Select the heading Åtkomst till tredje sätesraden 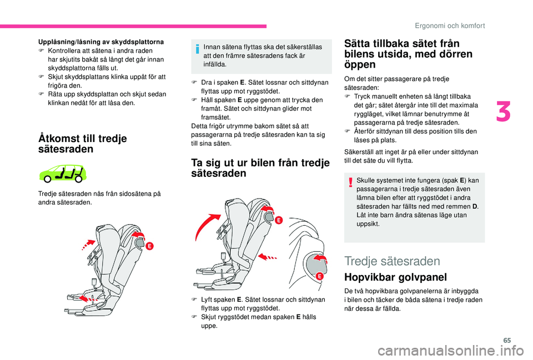point(82,144)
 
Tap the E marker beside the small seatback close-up point(320,276)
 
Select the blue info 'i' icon point(198,49)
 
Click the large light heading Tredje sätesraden point(392,261)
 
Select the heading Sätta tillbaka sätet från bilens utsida point(408,54)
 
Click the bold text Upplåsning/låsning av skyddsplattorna point(100,42)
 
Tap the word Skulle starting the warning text point(366,181)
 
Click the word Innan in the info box point(213,47)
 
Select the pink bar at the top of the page point(133,26)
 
